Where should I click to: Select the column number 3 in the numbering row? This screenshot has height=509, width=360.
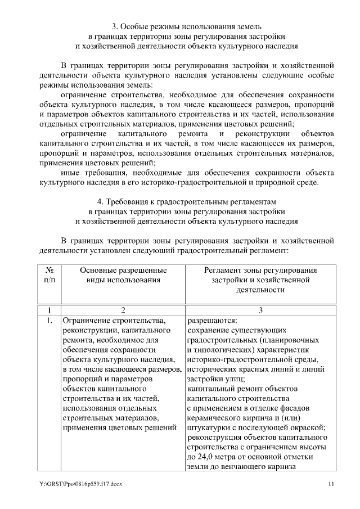tap(260, 310)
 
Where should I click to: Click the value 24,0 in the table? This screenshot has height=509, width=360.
tap(206, 456)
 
